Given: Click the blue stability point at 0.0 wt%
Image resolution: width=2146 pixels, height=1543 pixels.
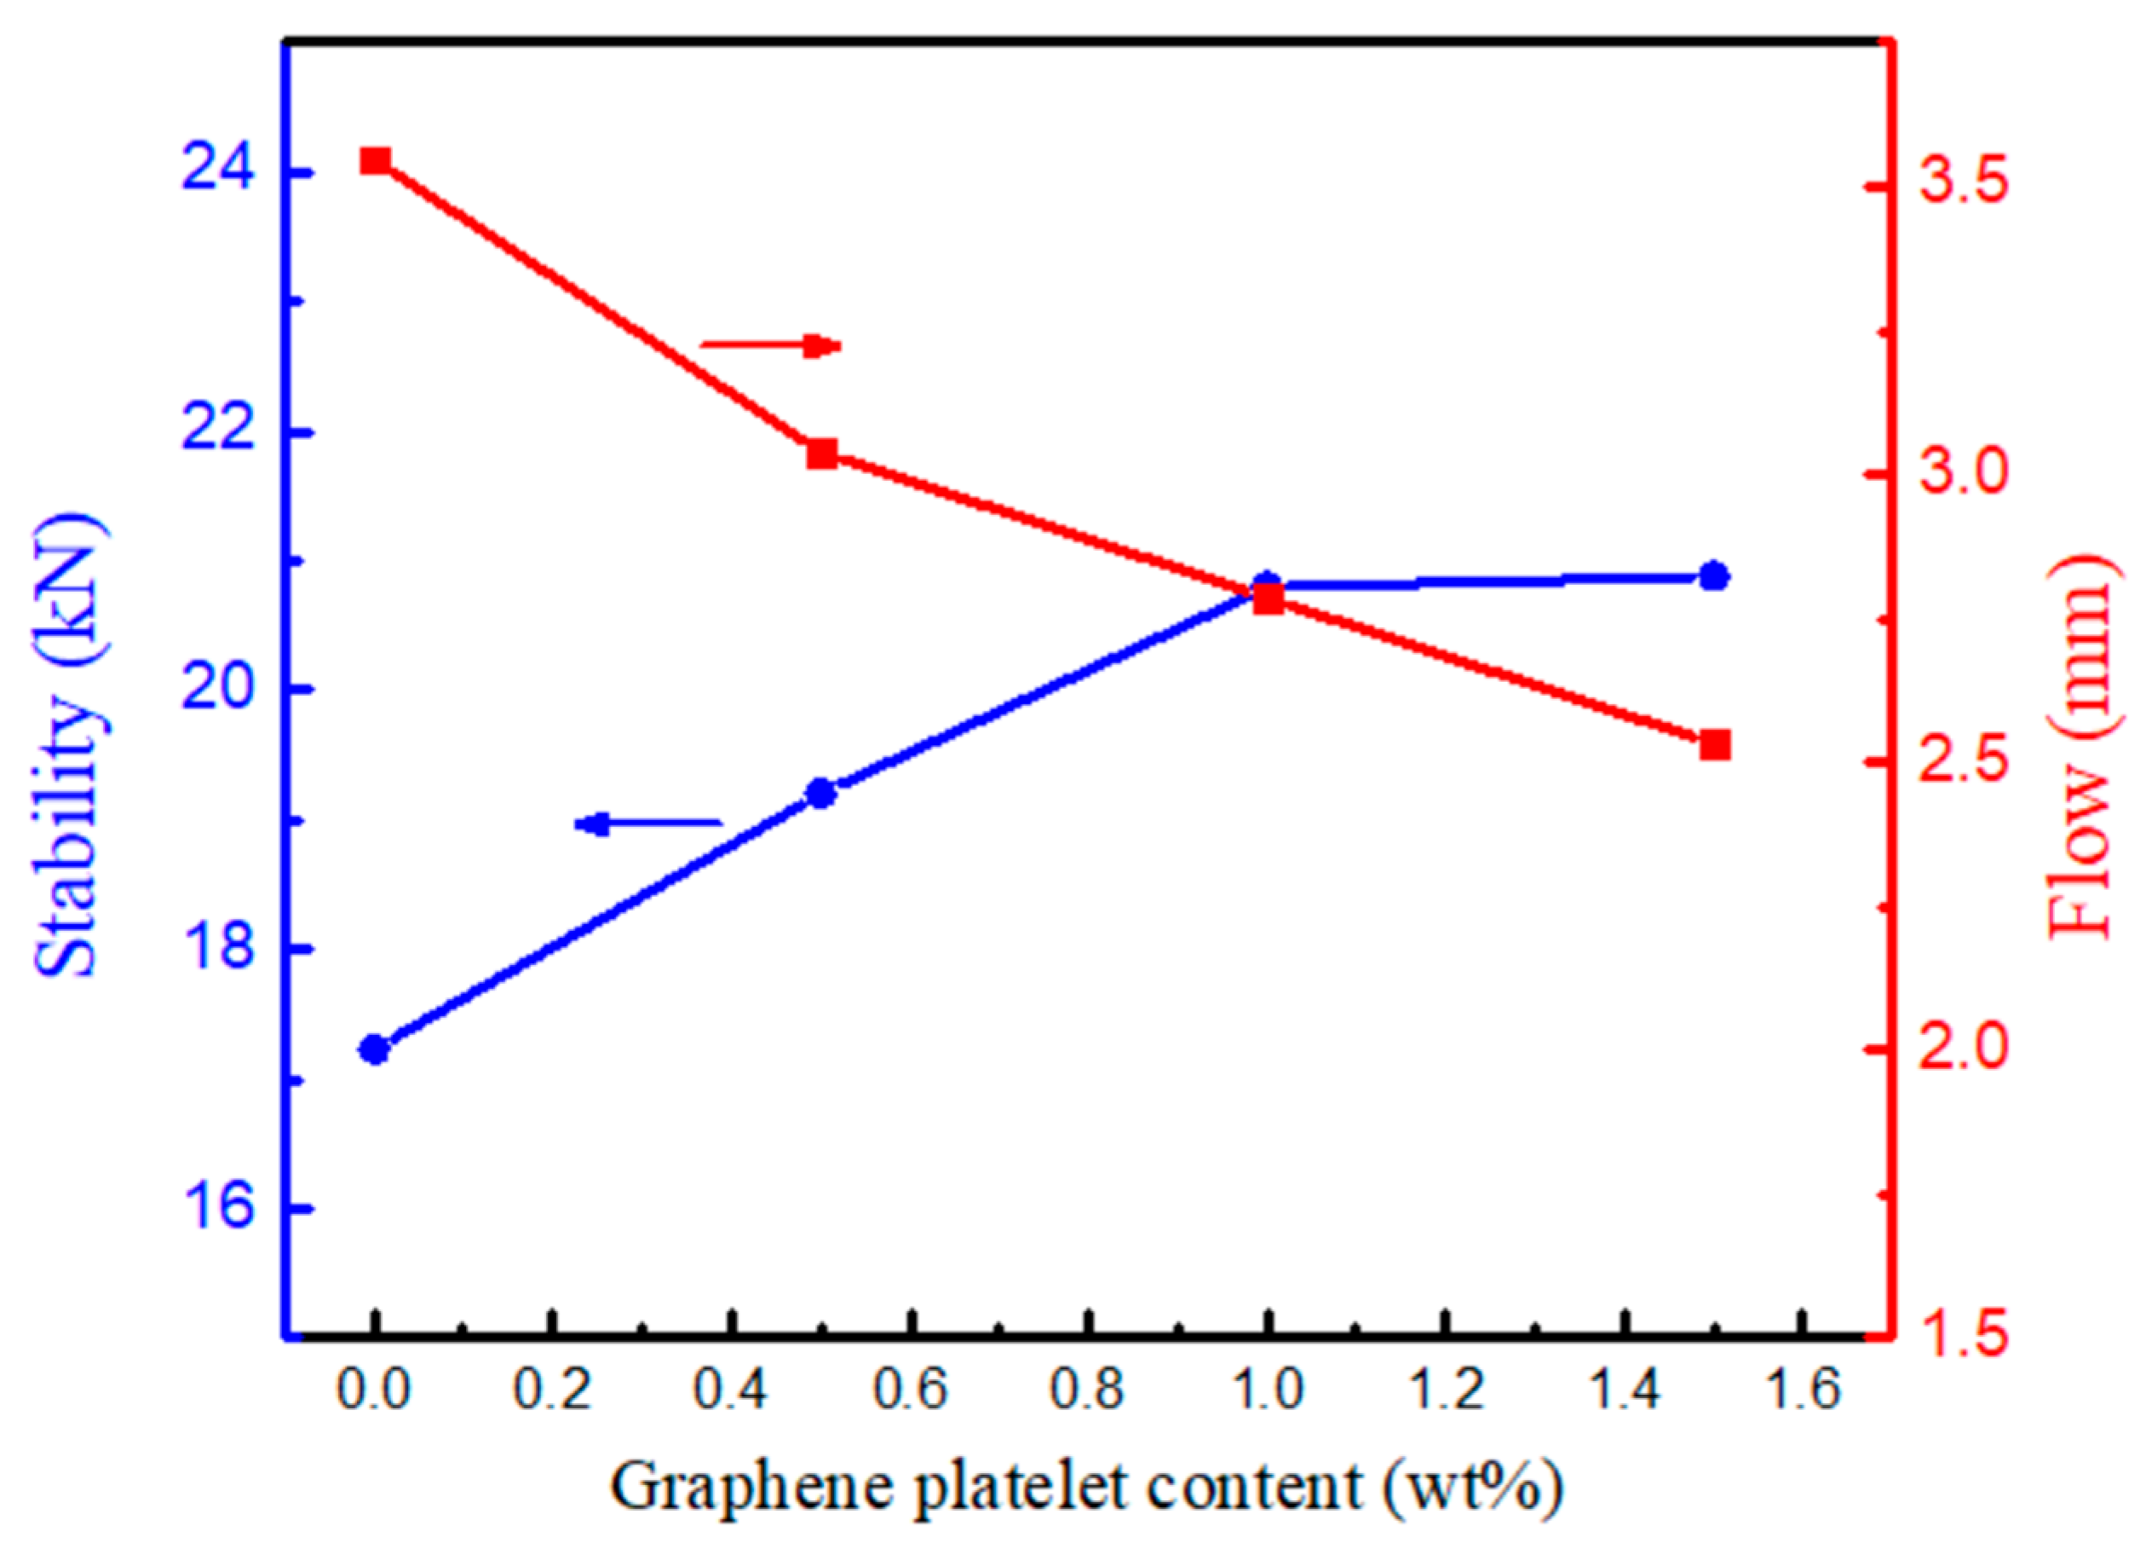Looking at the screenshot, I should point(376,1049).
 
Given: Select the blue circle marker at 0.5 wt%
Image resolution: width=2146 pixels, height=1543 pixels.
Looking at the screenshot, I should point(821,792).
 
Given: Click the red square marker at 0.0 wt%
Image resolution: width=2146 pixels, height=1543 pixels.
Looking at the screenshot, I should point(376,161).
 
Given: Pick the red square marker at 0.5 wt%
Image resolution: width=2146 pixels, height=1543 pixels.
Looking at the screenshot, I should point(821,454).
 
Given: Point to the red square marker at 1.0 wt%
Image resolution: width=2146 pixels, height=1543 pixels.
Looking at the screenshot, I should point(1268,598).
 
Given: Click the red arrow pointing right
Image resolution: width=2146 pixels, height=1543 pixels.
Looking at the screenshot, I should point(770,345).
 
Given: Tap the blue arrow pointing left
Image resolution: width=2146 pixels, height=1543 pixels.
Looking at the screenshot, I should point(648,824).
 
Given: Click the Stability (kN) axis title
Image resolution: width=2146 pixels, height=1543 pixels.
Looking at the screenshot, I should point(68,746).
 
